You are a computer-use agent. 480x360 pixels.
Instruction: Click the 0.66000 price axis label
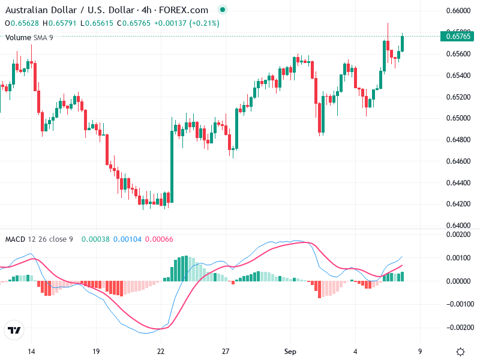click(x=458, y=11)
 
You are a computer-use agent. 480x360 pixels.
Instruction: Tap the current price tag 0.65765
click(x=459, y=37)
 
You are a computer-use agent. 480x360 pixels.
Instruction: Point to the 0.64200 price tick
click(x=458, y=204)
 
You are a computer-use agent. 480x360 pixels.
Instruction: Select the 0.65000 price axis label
click(x=458, y=118)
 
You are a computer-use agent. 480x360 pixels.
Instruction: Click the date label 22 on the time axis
click(x=160, y=351)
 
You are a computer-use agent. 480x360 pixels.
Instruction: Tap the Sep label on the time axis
click(x=290, y=351)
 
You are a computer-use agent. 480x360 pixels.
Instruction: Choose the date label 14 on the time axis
click(x=31, y=351)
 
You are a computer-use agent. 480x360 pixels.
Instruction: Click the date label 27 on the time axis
click(x=225, y=351)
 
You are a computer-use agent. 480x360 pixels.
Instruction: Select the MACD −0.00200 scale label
click(x=458, y=328)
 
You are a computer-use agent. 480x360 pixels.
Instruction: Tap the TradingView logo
click(x=14, y=331)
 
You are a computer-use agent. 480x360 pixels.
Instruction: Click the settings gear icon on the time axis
click(x=460, y=352)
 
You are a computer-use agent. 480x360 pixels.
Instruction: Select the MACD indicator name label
click(x=16, y=239)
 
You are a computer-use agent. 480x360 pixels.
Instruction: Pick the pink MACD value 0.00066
click(x=160, y=239)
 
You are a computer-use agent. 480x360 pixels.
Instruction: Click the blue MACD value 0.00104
click(x=127, y=239)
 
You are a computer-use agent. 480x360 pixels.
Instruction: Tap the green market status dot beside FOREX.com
click(x=223, y=10)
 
